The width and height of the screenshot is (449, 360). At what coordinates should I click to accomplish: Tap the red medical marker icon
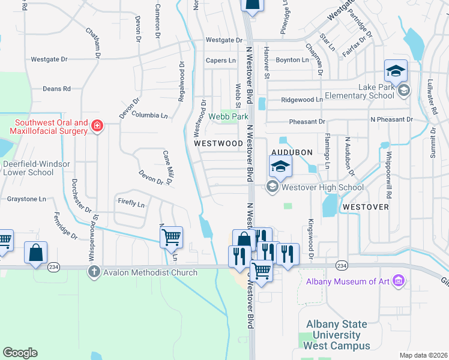pos(97,125)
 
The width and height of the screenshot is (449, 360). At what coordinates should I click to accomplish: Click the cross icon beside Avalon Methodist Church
pos(94,272)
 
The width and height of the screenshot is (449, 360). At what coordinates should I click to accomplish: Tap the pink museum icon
pos(397,281)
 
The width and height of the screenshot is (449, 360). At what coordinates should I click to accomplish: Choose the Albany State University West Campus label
pos(337,335)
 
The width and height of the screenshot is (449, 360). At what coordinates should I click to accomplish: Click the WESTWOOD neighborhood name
pos(218,144)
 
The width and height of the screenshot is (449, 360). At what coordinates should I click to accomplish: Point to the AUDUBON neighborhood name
pos(292,152)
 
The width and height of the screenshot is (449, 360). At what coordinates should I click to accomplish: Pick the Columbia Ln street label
pos(149,115)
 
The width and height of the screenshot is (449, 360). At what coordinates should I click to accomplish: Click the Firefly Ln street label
pos(131,204)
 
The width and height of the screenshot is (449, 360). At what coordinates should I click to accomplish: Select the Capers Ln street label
pos(221,61)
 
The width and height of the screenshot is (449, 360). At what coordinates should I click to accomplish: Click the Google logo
pos(20,352)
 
